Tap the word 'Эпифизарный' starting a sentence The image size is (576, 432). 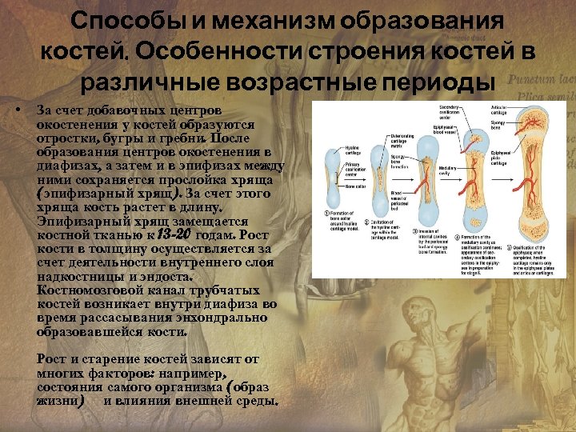[75, 222]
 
